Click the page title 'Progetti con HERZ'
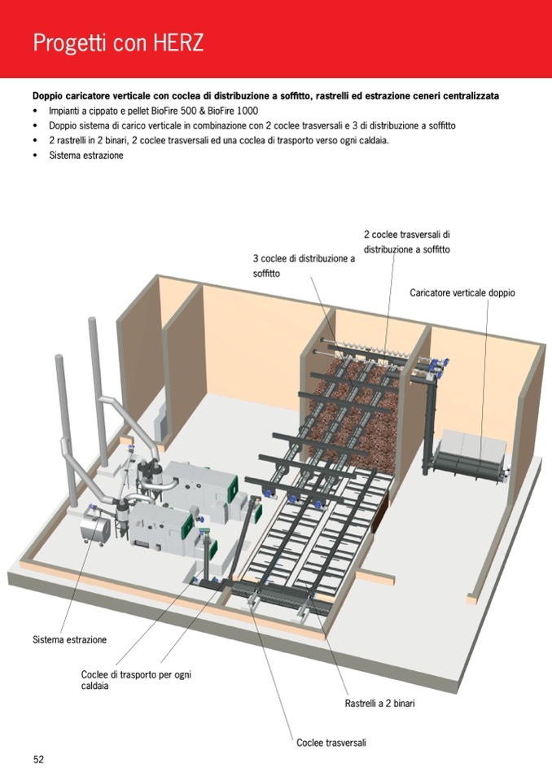click(x=118, y=42)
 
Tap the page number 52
click(x=38, y=759)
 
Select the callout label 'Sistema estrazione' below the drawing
click(x=69, y=639)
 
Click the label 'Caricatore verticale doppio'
click(x=462, y=292)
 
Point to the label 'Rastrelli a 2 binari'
click(x=379, y=703)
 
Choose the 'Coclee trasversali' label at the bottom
click(x=331, y=743)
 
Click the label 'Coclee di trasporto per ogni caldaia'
click(x=136, y=680)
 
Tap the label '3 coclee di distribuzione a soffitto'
click(x=304, y=265)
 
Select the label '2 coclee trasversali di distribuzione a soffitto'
click(x=406, y=242)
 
